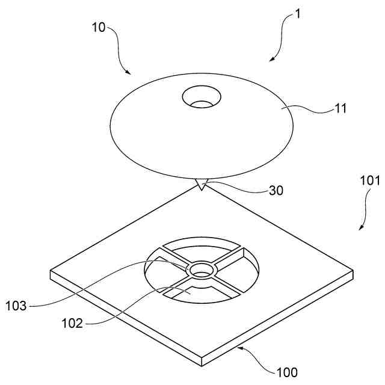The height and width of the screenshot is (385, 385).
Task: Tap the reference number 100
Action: [288, 372]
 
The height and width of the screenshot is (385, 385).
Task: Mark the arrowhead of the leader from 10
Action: [129, 73]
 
